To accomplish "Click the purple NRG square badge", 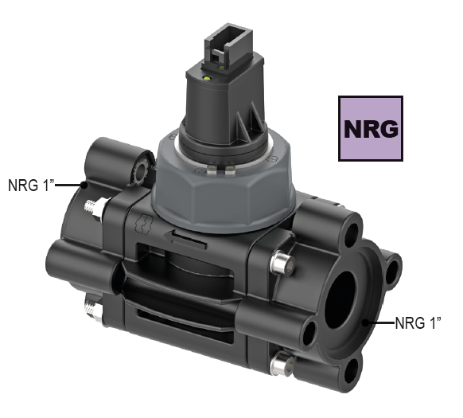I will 370,128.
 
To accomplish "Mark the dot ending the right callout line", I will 364,323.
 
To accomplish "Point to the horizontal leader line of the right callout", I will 379,323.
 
